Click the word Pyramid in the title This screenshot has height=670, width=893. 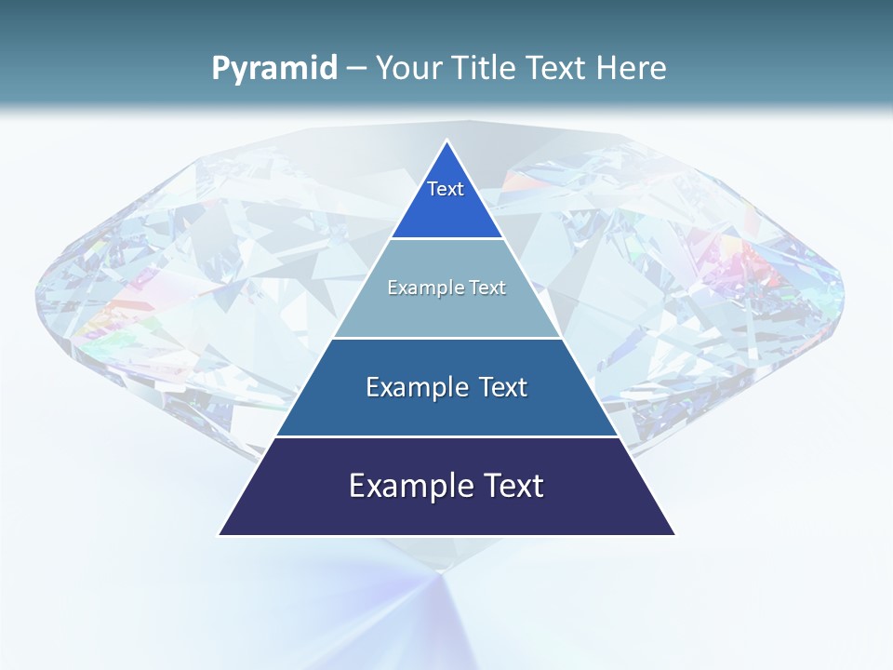pos(273,69)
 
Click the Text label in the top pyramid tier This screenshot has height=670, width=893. pos(446,189)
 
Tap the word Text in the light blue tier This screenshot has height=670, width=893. pos(487,288)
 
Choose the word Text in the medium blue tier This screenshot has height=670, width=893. pos(502,387)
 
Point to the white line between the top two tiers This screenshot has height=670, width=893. pos(446,239)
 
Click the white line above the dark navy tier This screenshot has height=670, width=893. pos(446,436)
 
